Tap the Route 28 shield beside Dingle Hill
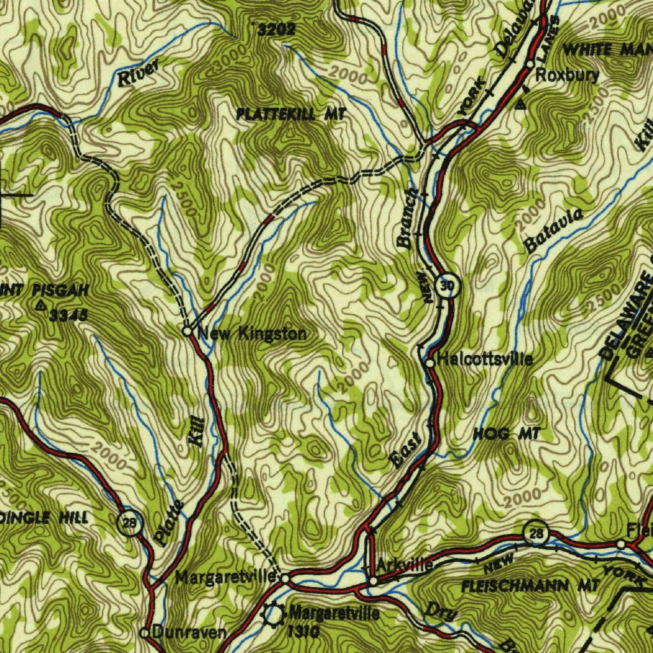pyautogui.click(x=129, y=523)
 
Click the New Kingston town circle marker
pyautogui.click(x=187, y=332)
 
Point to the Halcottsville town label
pyautogui.click(x=485, y=359)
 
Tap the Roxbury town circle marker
pyautogui.click(x=530, y=64)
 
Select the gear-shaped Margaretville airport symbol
pyautogui.click(x=274, y=615)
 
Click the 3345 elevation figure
pyautogui.click(x=68, y=314)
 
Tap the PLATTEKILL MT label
pyautogui.click(x=291, y=114)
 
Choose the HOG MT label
pyautogui.click(x=507, y=434)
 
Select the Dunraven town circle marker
pyautogui.click(x=145, y=633)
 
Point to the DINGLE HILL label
pyautogui.click(x=45, y=517)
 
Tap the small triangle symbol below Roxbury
pyautogui.click(x=522, y=103)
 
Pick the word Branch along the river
pyautogui.click(x=407, y=218)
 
